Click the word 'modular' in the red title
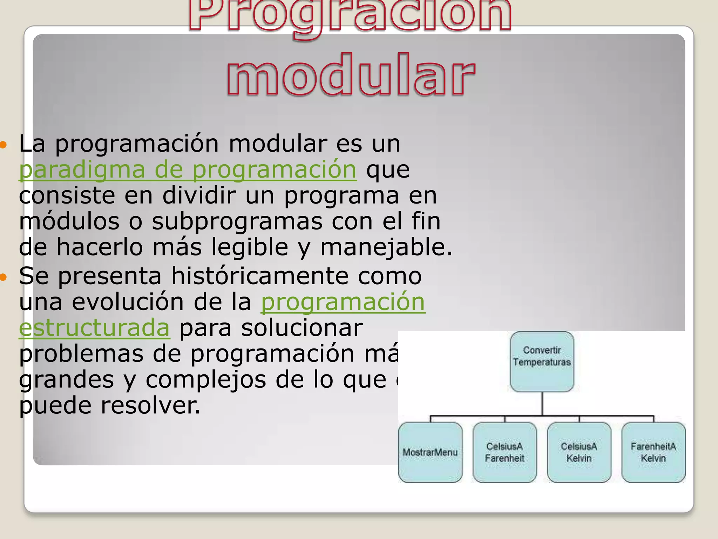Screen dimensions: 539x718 click(351, 75)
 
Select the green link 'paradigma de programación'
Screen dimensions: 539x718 click(188, 169)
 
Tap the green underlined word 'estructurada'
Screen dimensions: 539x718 click(94, 328)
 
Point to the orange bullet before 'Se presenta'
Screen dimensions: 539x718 click(3, 277)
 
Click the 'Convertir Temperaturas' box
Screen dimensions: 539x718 click(542, 361)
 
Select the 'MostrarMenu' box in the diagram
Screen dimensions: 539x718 click(430, 452)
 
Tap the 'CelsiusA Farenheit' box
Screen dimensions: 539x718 click(504, 452)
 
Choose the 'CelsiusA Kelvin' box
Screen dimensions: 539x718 click(579, 452)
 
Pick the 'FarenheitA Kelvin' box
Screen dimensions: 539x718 click(653, 452)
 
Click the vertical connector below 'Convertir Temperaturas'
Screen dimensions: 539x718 click(542, 404)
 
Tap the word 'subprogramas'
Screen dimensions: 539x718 click(237, 221)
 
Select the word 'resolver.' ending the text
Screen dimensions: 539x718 click(150, 406)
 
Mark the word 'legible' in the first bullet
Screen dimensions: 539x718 click(250, 247)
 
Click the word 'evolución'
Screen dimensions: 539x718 click(128, 302)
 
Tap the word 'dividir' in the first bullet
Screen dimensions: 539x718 click(199, 195)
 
